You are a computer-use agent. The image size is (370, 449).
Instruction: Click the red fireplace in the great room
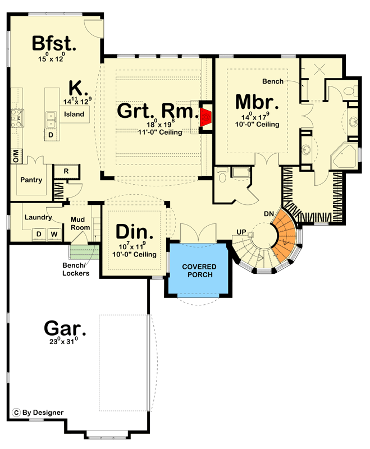pyautogui.click(x=206, y=117)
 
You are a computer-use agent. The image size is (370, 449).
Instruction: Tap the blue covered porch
pyautogui.click(x=199, y=269)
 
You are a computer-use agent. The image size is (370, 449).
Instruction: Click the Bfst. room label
pyautogui.click(x=54, y=44)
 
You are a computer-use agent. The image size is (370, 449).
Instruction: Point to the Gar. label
pyautogui.click(x=65, y=328)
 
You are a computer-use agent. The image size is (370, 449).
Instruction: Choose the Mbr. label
pyautogui.click(x=257, y=102)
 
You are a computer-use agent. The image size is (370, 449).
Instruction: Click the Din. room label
pyautogui.click(x=134, y=232)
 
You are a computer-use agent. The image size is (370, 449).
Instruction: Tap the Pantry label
pyautogui.click(x=31, y=180)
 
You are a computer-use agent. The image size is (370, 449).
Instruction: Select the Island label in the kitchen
pyautogui.click(x=74, y=114)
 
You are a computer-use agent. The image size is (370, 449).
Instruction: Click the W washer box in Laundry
pyautogui.click(x=54, y=234)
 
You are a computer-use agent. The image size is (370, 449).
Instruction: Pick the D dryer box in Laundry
pyautogui.click(x=39, y=234)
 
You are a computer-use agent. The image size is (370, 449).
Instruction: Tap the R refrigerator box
pyautogui.click(x=66, y=171)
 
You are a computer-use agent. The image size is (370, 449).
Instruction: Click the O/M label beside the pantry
pyautogui.click(x=16, y=157)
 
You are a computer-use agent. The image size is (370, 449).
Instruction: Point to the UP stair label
pyautogui.click(x=241, y=232)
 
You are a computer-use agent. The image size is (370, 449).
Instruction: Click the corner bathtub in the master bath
pyautogui.click(x=344, y=157)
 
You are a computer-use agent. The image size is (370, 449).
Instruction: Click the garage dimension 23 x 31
pyautogui.click(x=63, y=341)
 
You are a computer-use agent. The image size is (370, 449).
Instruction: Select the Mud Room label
pyautogui.click(x=80, y=223)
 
